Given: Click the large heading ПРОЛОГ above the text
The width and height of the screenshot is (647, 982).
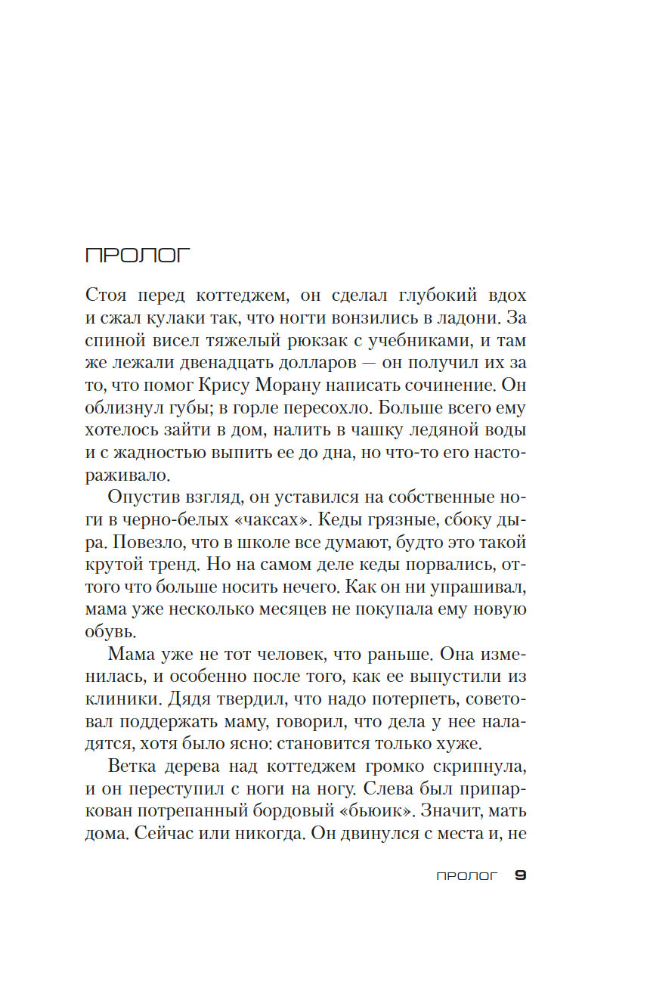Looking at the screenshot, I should point(138,256).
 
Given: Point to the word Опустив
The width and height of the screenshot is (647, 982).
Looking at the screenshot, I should point(142,497).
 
